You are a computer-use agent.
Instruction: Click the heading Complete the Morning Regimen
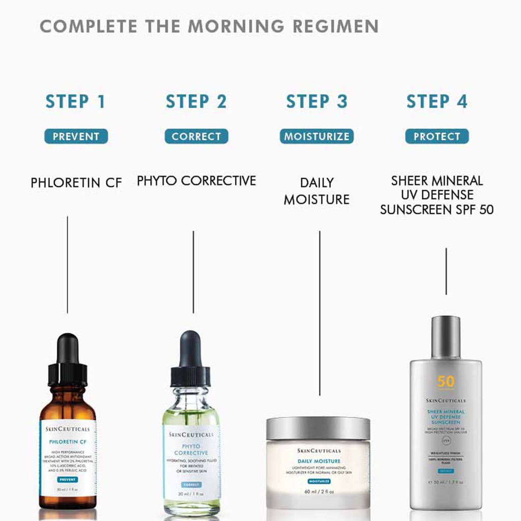click(x=209, y=26)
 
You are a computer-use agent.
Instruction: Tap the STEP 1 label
click(x=75, y=101)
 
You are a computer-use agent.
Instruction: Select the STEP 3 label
click(x=316, y=101)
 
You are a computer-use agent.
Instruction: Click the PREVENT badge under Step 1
click(x=76, y=136)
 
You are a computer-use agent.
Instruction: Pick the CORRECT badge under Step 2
click(x=196, y=136)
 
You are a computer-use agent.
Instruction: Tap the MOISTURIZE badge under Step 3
click(x=316, y=136)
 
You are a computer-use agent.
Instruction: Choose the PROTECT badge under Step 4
click(x=437, y=136)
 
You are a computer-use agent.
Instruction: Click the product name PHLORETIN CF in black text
click(x=76, y=183)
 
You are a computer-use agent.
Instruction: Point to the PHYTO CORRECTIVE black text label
click(x=196, y=181)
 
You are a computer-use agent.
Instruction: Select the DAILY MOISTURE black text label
click(x=316, y=191)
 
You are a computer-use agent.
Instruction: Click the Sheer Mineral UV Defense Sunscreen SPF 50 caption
click(x=437, y=195)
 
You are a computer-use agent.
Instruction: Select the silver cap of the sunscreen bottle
click(x=446, y=337)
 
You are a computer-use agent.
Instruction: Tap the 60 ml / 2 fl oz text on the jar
click(x=318, y=491)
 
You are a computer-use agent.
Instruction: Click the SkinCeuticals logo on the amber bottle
click(x=68, y=429)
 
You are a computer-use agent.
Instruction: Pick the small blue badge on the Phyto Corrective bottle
click(x=191, y=484)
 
